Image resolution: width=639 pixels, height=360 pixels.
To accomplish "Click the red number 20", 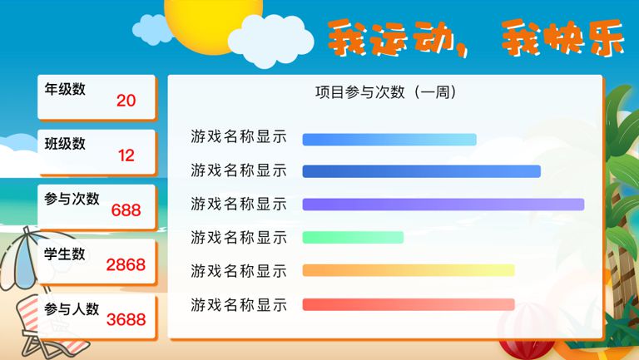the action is pyautogui.click(x=126, y=101).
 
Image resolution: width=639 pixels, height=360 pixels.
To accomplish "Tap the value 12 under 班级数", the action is pyautogui.click(x=126, y=155).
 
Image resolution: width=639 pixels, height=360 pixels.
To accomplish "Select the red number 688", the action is pyautogui.click(x=126, y=210).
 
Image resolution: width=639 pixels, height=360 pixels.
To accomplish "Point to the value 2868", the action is pyautogui.click(x=126, y=264).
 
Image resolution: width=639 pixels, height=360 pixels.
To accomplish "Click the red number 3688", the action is pyautogui.click(x=126, y=320).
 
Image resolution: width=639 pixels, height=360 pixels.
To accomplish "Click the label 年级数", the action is pyautogui.click(x=65, y=89).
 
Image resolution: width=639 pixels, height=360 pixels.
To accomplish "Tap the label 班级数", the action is pyautogui.click(x=65, y=143).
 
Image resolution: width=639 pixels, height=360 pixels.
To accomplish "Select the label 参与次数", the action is pyautogui.click(x=72, y=199).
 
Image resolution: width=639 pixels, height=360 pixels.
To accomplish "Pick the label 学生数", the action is pyautogui.click(x=65, y=254).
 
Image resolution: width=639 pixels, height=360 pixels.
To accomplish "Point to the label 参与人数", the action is pyautogui.click(x=72, y=308).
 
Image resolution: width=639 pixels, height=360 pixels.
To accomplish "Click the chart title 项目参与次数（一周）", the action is pyautogui.click(x=385, y=92).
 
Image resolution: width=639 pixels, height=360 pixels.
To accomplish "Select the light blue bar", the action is pyautogui.click(x=389, y=140).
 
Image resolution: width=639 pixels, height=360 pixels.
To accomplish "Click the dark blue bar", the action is pyautogui.click(x=421, y=171).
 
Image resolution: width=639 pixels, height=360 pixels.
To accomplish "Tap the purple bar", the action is pyautogui.click(x=443, y=205).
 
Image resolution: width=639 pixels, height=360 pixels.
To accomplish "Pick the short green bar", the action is pyautogui.click(x=353, y=238).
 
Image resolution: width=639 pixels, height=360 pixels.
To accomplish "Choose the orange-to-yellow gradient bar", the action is pyautogui.click(x=409, y=270).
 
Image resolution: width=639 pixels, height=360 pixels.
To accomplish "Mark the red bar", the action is pyautogui.click(x=409, y=304).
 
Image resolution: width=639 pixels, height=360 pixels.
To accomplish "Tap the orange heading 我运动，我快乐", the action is pyautogui.click(x=476, y=38).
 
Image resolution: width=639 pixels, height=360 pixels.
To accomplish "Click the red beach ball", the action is pyautogui.click(x=527, y=350).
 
